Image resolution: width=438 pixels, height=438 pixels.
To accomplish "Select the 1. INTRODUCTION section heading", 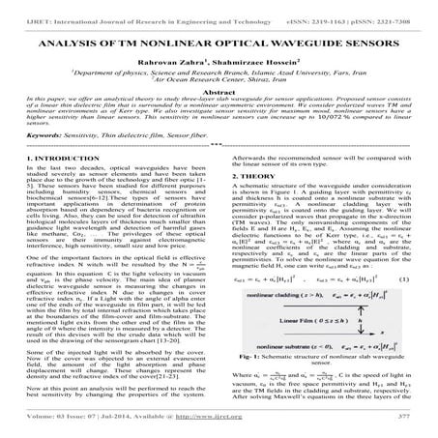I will pos(59,157).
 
